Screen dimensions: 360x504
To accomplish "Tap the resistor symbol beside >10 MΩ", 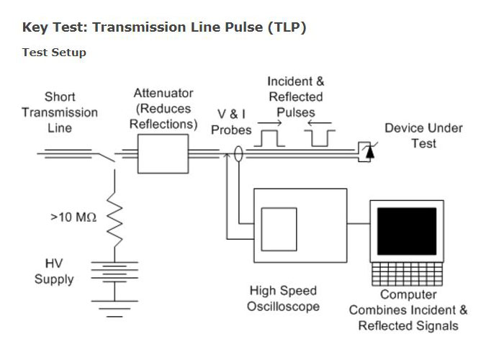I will tap(112, 217).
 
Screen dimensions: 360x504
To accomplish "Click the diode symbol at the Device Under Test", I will tap(370, 151).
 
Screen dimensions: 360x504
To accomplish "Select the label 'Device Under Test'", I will tap(423, 135).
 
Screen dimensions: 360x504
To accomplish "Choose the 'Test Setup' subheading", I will tap(54, 53).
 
